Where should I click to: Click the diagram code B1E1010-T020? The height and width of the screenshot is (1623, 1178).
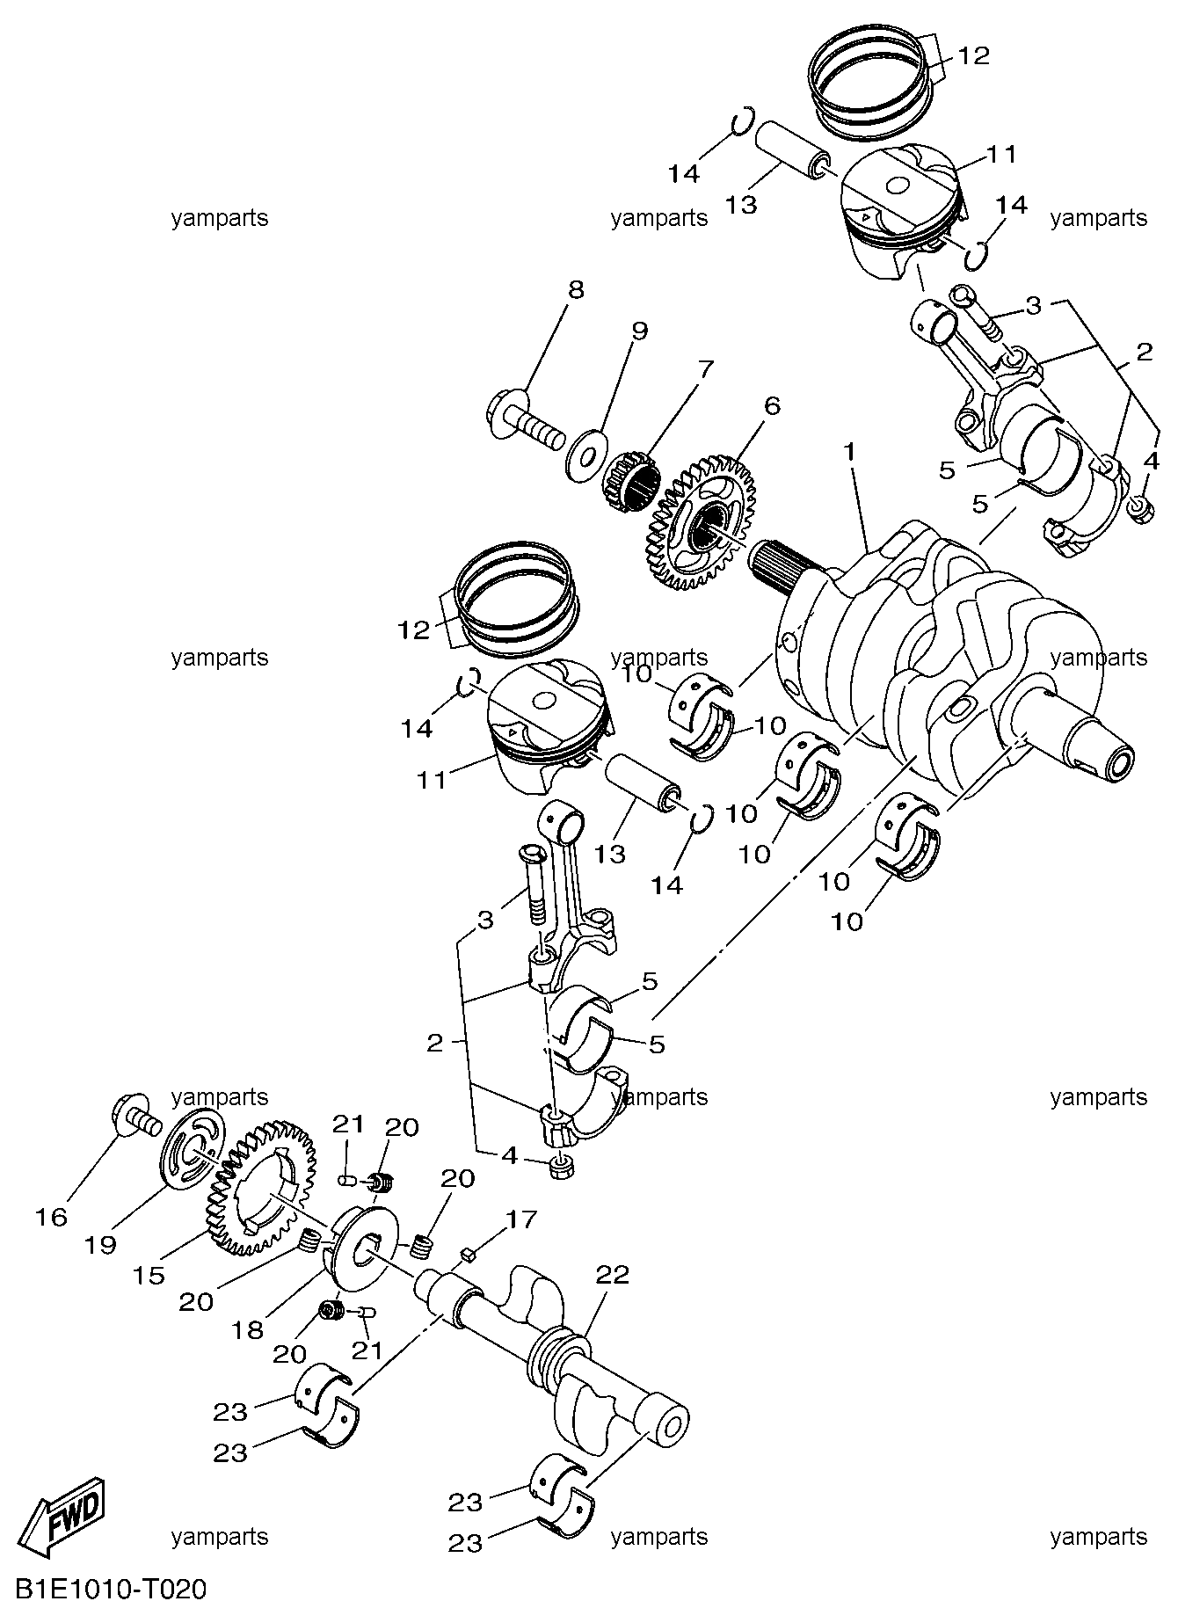point(111,1590)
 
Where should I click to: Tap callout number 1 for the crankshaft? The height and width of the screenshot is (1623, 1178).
point(849,451)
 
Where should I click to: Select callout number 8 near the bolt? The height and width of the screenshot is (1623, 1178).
point(576,290)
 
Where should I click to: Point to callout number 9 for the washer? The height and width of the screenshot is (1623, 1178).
point(639,331)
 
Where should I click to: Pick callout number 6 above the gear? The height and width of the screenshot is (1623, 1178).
point(771,405)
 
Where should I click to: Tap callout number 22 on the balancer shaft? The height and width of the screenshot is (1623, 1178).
point(613,1274)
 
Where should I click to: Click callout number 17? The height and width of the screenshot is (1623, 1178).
point(520,1219)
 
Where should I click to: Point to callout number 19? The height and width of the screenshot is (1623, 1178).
point(101,1245)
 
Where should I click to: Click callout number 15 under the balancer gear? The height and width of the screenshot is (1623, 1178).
point(149,1274)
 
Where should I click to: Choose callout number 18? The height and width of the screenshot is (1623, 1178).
point(247,1329)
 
